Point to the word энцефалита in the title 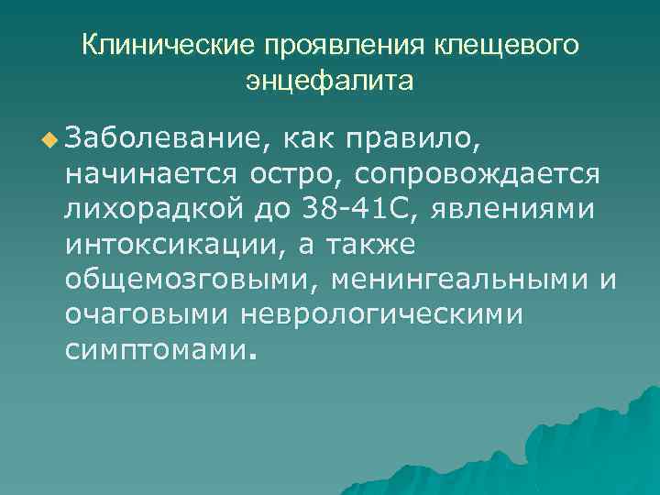click(x=329, y=82)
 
